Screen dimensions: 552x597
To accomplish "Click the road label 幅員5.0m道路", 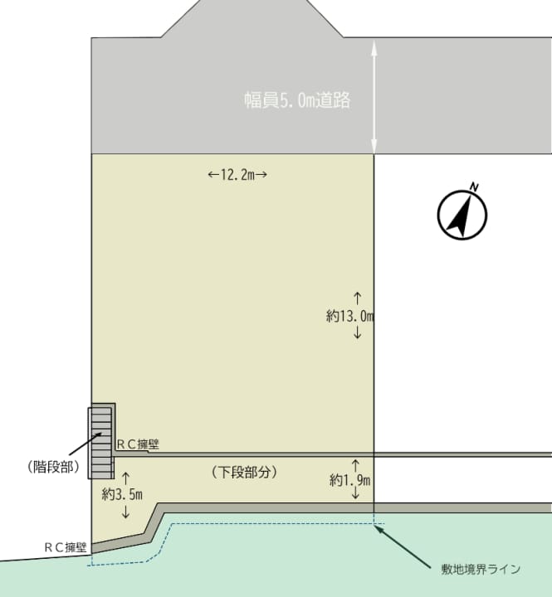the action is point(297,100).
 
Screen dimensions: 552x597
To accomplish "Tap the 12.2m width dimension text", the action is point(237,175).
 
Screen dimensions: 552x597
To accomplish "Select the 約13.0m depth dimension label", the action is point(350,316).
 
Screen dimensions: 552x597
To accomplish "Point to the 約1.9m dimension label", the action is point(350,480).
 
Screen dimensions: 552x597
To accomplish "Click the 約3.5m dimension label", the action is point(122,494).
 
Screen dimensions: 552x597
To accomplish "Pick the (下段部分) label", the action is point(244,472).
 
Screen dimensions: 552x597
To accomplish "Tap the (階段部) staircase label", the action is point(53,466).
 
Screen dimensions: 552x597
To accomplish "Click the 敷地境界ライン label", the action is point(481,569).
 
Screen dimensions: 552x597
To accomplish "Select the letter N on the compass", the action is point(474,187).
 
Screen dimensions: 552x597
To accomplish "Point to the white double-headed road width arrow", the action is point(374,96).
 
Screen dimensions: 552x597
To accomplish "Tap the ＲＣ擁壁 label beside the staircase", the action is point(138,444).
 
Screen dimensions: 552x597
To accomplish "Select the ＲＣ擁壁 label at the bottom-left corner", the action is point(66,547).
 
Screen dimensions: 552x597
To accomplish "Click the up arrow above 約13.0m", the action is point(357,298).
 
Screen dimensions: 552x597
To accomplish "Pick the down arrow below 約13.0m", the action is point(357,332).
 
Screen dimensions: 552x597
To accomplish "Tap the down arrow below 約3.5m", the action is point(125,512).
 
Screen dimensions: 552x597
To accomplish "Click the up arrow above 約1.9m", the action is point(355,466).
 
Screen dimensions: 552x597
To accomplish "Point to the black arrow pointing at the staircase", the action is point(85,443).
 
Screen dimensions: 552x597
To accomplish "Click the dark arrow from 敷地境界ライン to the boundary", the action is point(403,543).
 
